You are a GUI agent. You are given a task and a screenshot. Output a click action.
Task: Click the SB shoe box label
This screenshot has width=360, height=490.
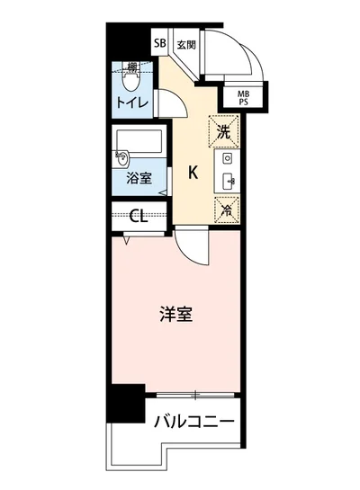159,43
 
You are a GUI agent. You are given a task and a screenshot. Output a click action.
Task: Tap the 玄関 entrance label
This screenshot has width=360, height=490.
184,43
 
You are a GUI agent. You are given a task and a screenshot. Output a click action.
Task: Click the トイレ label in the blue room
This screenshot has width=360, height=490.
131,102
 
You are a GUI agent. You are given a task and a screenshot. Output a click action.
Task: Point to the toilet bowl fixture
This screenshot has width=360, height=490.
131,82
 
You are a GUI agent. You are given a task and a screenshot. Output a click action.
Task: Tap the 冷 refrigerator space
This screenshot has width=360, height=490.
224,208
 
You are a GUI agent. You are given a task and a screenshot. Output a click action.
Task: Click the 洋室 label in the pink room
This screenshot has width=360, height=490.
175,316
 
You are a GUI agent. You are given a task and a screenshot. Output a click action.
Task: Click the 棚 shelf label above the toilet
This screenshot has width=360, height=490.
132,67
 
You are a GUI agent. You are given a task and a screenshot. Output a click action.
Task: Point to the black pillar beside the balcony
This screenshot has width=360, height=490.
125,404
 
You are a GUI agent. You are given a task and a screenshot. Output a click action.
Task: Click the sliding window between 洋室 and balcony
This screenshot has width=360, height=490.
193,395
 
